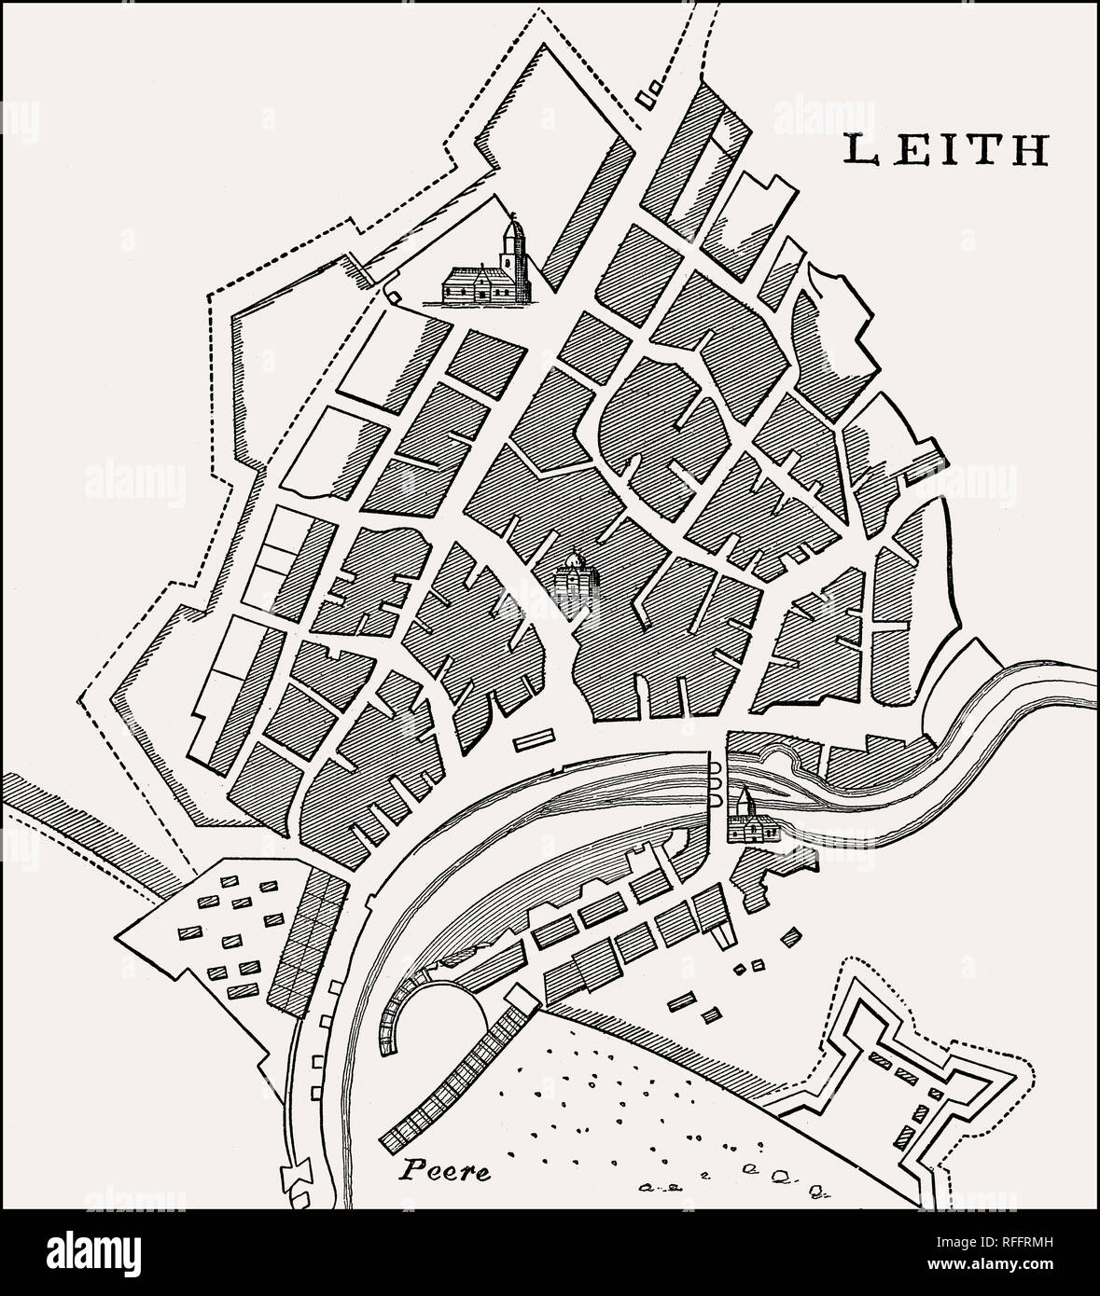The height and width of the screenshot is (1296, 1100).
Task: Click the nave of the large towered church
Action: (470, 284)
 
